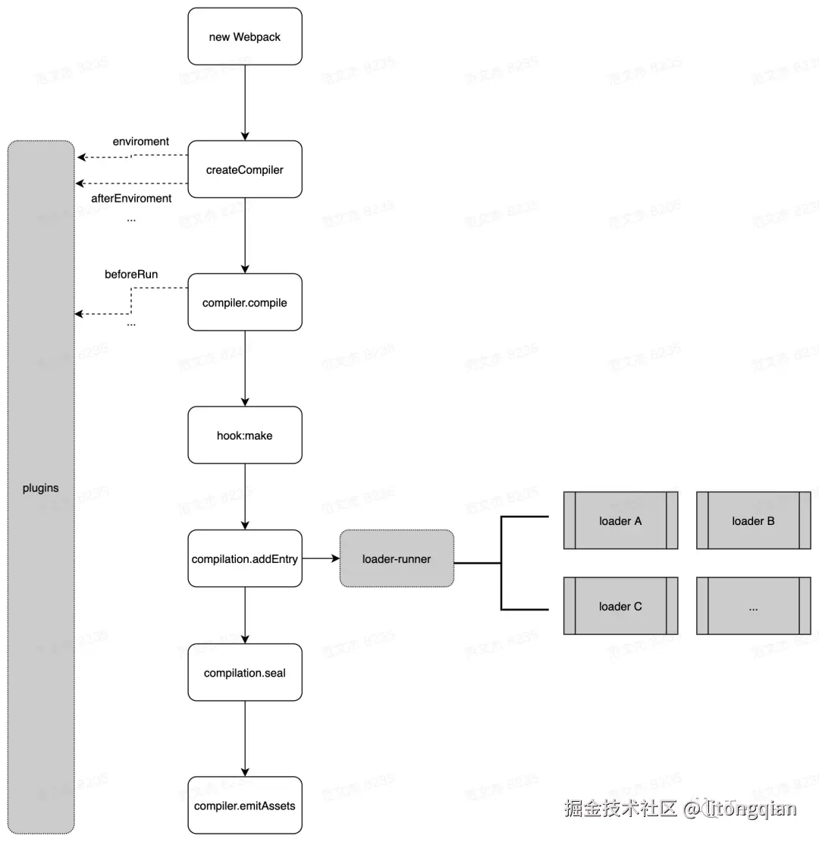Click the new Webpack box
(245, 36)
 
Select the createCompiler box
(245, 170)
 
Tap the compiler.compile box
(245, 303)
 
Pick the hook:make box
(245, 435)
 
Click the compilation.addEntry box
(245, 559)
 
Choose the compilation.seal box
(245, 673)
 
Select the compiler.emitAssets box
(245, 806)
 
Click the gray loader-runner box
(397, 559)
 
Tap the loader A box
(620, 521)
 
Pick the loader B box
(753, 521)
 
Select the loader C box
(620, 606)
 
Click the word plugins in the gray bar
(41, 488)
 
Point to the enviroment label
(141, 142)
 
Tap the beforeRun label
(131, 275)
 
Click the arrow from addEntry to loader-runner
(320, 559)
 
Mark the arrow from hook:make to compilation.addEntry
(245, 497)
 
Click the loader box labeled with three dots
(753, 606)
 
